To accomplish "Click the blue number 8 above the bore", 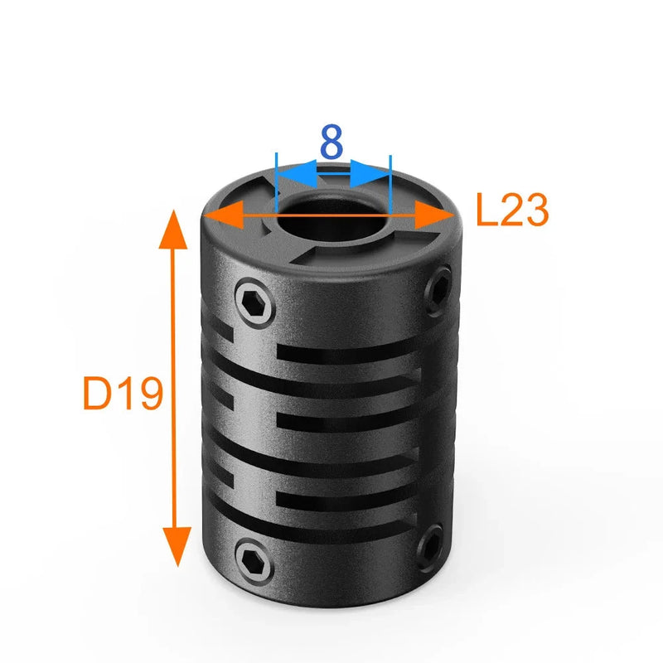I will pyautogui.click(x=331, y=143).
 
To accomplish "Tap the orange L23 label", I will pyautogui.click(x=512, y=212).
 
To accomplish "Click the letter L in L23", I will pyautogui.click(x=487, y=212).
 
